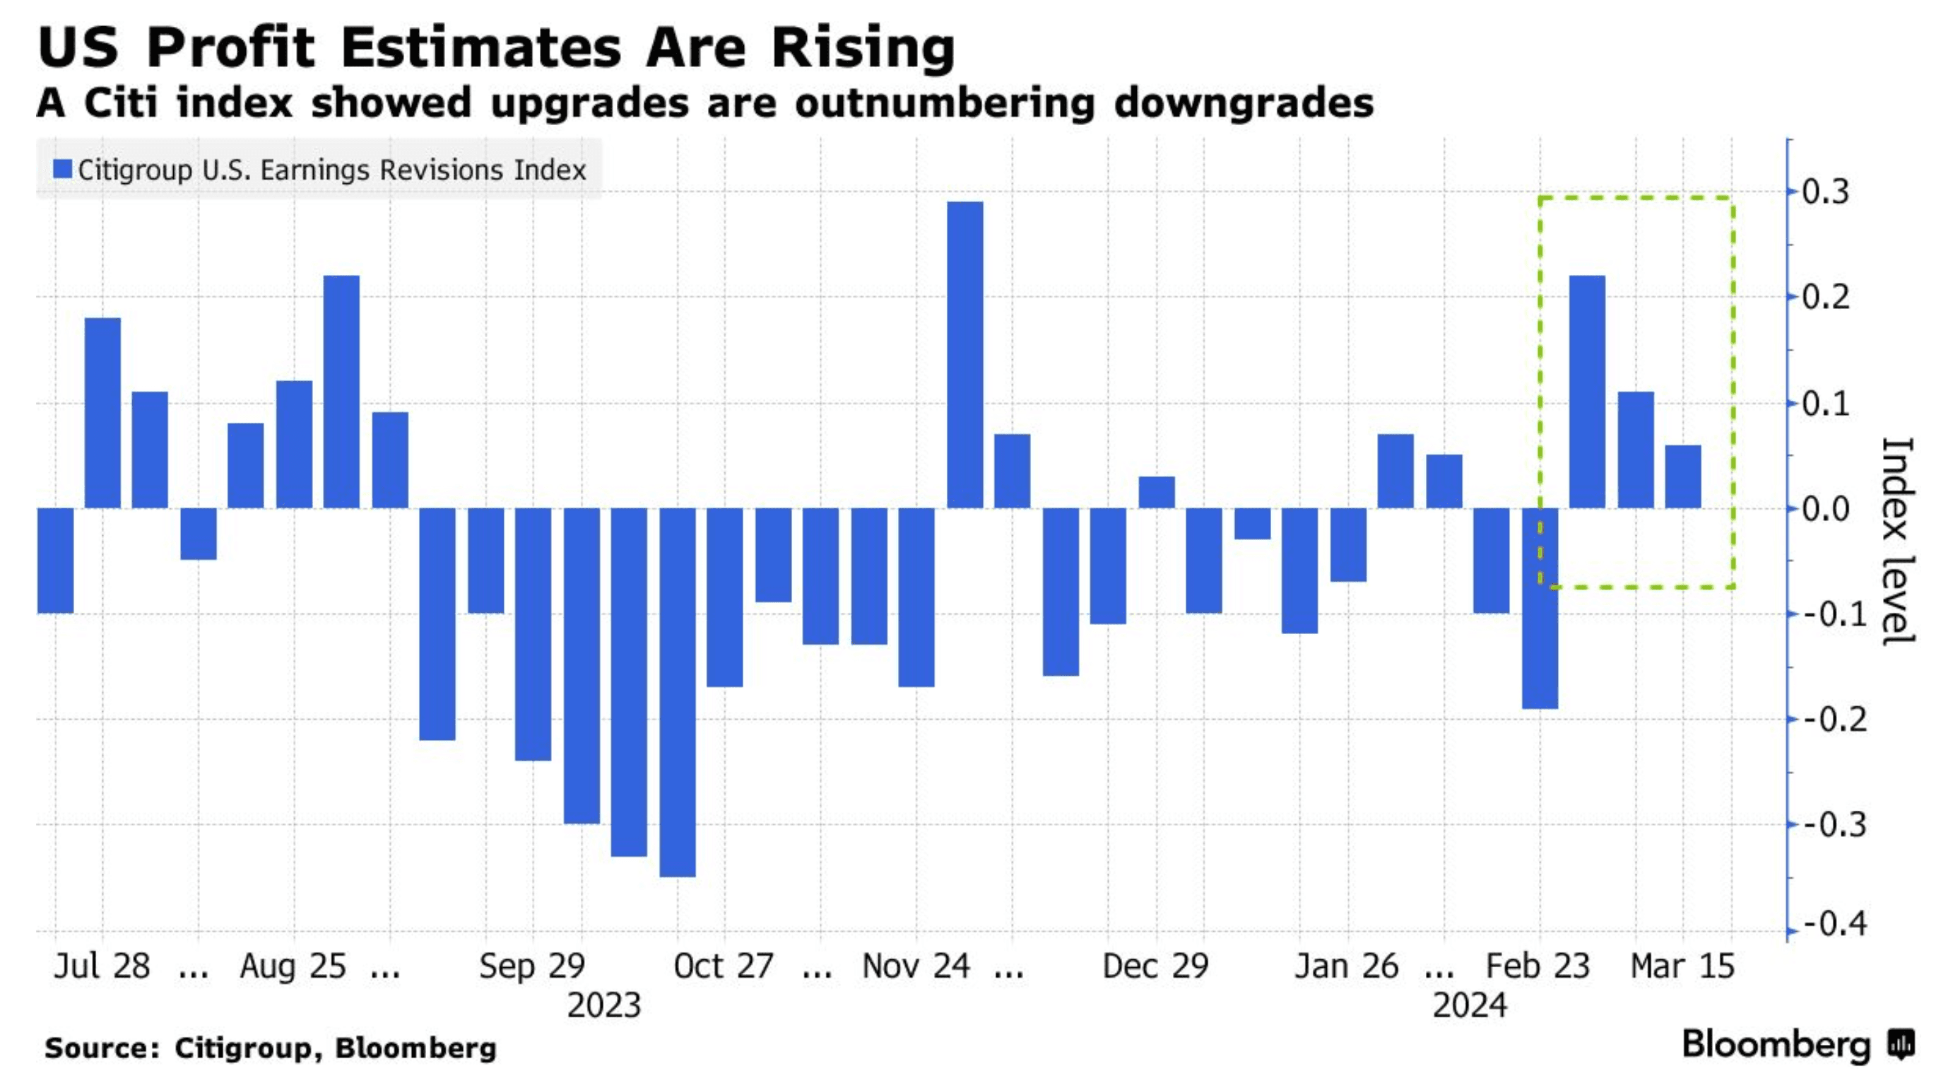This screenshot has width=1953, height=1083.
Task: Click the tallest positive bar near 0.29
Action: tap(965, 354)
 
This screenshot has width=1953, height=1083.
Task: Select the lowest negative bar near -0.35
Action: tap(677, 691)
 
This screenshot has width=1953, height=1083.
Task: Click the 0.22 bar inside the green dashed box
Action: tap(1587, 392)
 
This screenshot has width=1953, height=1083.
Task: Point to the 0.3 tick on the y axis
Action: tap(1825, 192)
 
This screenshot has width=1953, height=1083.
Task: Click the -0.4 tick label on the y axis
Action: tap(1834, 925)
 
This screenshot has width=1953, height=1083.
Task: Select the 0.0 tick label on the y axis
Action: tap(1825, 509)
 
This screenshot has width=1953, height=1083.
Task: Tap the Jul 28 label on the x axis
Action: tap(102, 966)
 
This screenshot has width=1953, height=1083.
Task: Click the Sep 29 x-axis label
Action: tap(532, 966)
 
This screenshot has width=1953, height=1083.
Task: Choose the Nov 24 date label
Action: tap(916, 966)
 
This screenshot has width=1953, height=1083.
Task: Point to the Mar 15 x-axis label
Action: tap(1682, 966)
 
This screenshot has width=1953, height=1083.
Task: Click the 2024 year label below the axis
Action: tap(1469, 1006)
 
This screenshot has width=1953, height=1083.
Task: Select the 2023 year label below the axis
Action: tap(604, 1006)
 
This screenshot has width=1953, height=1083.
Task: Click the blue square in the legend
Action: tap(62, 169)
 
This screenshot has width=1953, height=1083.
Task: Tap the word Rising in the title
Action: tap(863, 48)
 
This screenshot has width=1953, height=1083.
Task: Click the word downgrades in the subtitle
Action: tap(1244, 103)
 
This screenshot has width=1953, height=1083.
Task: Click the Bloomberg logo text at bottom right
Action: tap(1776, 1045)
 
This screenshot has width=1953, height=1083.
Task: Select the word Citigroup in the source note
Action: tap(242, 1048)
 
